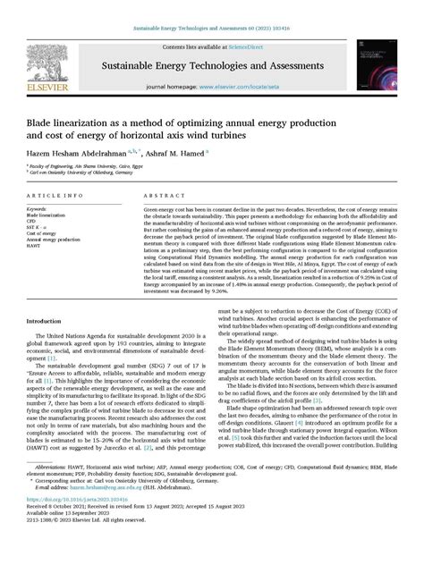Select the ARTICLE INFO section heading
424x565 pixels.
[55, 195]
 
